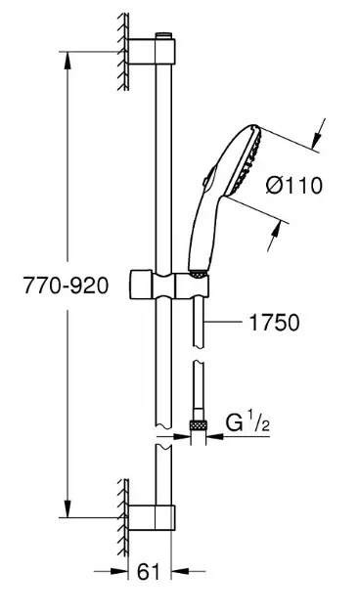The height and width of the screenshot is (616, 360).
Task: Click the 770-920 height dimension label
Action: (66, 286)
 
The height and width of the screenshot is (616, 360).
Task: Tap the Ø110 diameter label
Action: (294, 185)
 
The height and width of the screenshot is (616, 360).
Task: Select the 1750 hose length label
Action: (274, 323)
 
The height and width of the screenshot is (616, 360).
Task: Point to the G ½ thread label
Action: (247, 423)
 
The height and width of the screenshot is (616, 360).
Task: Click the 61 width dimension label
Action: (149, 572)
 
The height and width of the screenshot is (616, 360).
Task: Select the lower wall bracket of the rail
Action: (152, 518)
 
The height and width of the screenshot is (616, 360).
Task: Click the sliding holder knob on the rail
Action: (141, 285)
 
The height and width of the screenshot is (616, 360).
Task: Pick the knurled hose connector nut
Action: (199, 425)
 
